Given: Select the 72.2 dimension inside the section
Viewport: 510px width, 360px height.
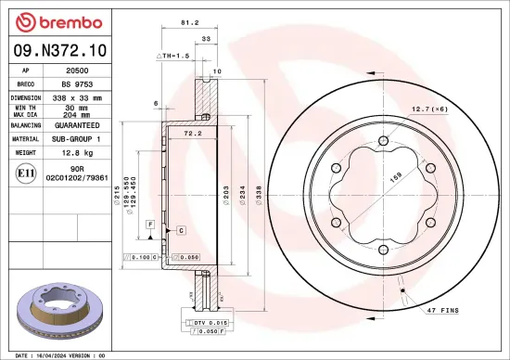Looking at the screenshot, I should [x=192, y=134].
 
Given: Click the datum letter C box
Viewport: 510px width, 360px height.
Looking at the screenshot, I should [x=181, y=229].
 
